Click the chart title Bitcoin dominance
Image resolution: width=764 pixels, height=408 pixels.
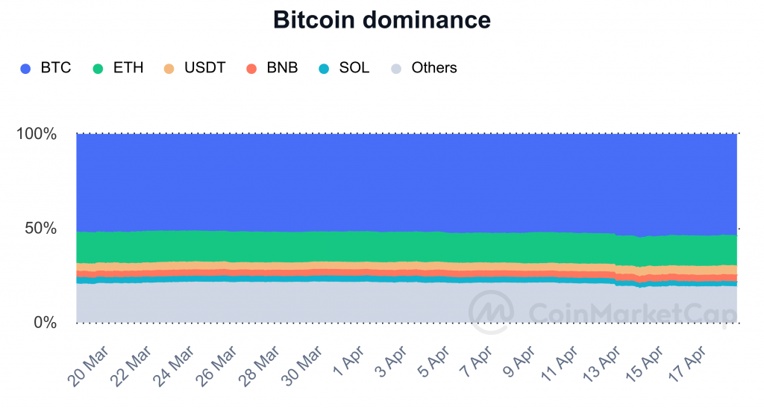click(382, 19)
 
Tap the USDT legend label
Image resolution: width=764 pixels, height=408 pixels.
click(204, 68)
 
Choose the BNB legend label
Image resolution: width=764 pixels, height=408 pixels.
click(282, 68)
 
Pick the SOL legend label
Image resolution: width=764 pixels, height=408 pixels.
click(354, 68)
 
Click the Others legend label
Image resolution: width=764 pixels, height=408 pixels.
click(433, 68)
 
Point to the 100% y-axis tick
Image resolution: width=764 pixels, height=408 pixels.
click(36, 135)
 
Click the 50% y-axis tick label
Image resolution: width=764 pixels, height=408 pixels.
click(40, 229)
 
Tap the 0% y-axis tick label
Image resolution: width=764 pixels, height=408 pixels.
click(45, 323)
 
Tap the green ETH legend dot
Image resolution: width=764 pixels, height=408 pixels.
click(98, 69)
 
